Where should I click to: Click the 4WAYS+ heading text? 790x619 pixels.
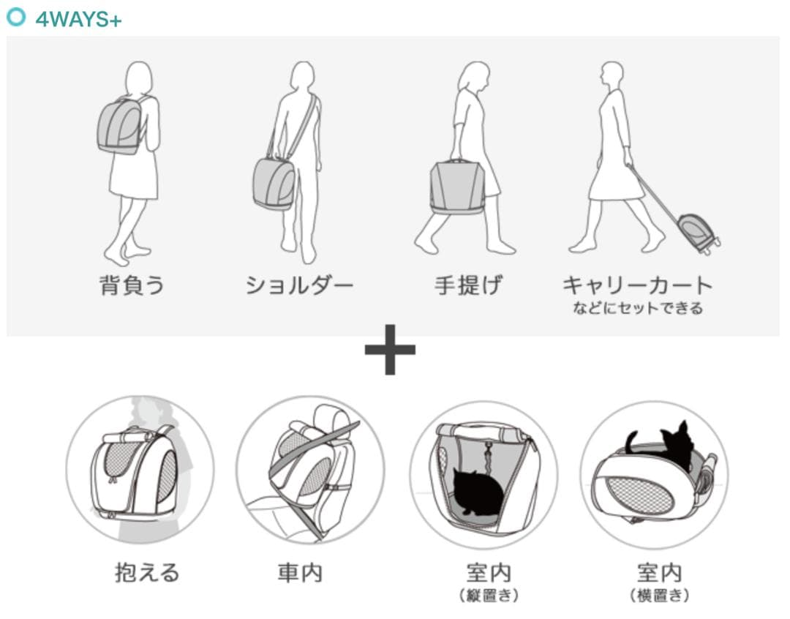(78, 19)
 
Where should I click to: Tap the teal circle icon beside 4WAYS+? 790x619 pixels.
(15, 17)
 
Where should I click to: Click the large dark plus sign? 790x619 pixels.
(390, 349)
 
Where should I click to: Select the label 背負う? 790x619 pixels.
(132, 285)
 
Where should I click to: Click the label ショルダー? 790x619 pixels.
(299, 285)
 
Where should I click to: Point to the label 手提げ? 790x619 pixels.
(468, 285)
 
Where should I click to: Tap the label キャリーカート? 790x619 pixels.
(638, 285)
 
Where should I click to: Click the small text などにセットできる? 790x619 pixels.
(638, 308)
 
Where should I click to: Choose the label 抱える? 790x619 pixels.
(147, 573)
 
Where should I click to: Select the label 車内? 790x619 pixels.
(300, 573)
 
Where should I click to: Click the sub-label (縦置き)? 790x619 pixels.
(489, 596)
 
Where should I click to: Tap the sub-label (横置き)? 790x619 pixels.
(659, 596)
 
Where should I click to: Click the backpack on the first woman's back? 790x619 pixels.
(120, 126)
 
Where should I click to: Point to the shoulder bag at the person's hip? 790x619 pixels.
(274, 183)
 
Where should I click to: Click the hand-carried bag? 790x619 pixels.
(457, 187)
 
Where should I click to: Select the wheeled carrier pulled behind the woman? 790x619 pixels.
(699, 233)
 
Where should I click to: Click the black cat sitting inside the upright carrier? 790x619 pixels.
(478, 492)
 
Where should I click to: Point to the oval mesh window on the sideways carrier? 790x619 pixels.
(639, 495)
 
